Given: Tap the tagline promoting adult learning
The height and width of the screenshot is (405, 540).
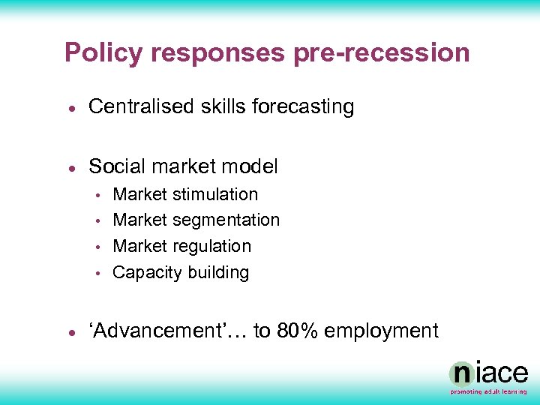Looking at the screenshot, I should (488, 391).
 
